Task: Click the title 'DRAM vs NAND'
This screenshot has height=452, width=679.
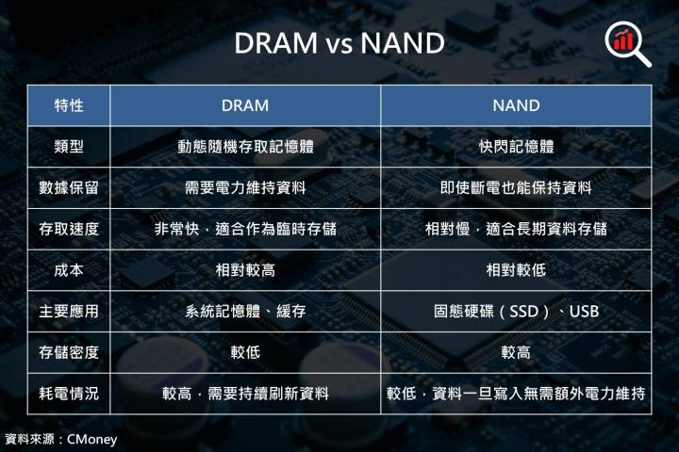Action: coord(339,43)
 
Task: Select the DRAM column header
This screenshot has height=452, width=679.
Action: coord(245,105)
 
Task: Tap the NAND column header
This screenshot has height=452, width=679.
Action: coord(516,105)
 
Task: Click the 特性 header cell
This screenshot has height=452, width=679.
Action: coord(69,105)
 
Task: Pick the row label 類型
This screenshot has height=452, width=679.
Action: coord(69,147)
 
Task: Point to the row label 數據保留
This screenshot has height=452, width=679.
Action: coord(69,187)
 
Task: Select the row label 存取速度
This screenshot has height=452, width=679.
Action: coord(69,229)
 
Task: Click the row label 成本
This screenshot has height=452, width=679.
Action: coord(69,270)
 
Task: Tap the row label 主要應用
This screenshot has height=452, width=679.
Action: coord(69,312)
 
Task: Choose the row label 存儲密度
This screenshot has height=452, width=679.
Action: coord(69,353)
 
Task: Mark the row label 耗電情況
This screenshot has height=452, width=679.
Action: coord(69,395)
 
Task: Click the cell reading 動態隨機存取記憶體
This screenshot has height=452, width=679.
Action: coord(245,147)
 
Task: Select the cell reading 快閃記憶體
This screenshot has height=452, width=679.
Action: coord(516,147)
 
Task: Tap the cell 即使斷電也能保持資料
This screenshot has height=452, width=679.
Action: coord(516,187)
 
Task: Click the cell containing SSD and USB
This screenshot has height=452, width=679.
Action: coord(516,312)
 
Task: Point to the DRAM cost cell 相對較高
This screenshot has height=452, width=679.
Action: coord(245,270)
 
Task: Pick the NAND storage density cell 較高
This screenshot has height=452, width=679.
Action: coord(516,353)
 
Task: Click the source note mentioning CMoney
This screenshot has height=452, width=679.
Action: coord(60,440)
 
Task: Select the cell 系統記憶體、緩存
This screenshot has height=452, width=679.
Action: coord(245,312)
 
